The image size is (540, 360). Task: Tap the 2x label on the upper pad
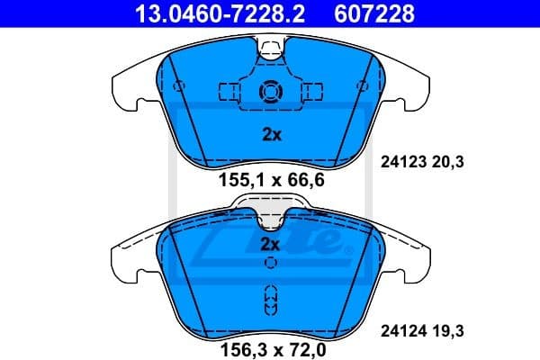tap(272, 135)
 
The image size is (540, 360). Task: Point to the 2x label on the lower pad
tap(272, 244)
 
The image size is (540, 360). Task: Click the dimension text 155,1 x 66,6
tap(269, 180)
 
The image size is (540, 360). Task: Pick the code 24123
tap(394, 163)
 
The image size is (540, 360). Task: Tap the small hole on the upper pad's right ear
tap(361, 87)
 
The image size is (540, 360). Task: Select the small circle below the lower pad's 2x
tap(270, 263)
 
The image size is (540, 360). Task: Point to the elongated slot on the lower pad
tap(270, 301)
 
